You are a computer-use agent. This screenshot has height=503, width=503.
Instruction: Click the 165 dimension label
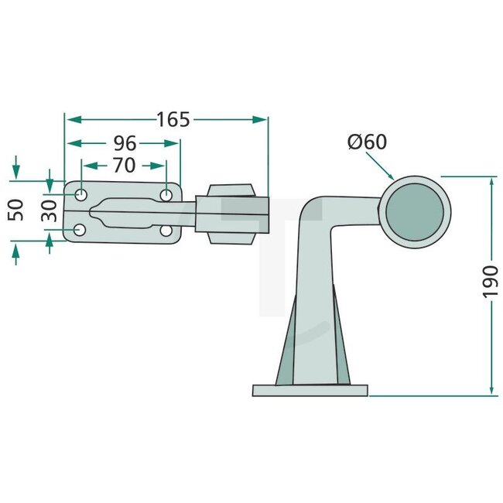coord(173,120)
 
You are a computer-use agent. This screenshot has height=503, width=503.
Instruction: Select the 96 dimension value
coord(125,143)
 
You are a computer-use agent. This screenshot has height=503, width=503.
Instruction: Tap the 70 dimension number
coord(124,165)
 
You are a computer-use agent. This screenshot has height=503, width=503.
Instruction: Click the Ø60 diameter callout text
coord(367,142)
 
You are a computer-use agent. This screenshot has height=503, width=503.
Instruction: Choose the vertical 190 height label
coord(491,282)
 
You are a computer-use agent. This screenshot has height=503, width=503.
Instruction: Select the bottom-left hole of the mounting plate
coord(80,230)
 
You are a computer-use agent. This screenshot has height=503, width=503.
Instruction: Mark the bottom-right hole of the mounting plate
coord(166,231)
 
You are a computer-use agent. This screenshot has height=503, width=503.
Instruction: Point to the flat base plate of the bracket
coord(310,390)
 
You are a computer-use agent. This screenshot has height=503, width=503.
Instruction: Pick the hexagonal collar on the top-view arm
coord(232,214)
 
